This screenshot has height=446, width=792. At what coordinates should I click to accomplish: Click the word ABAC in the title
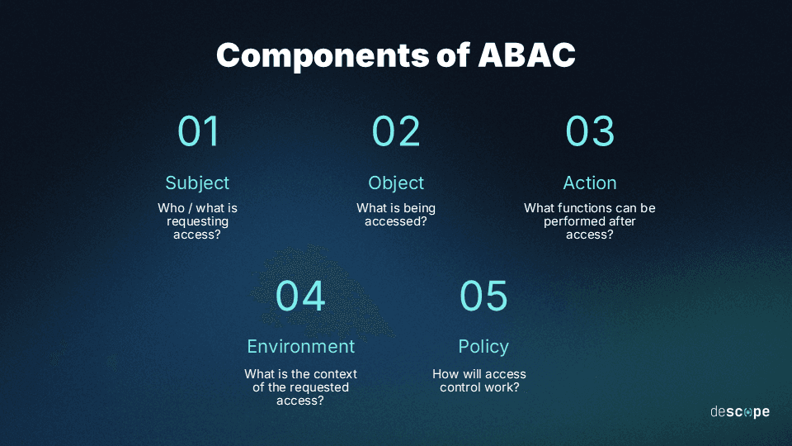[527, 55]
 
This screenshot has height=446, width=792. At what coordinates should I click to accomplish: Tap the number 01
[198, 131]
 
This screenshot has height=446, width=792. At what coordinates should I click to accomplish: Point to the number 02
[396, 131]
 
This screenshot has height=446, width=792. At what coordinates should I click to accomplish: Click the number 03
[590, 131]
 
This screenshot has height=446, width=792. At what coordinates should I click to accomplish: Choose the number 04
[300, 296]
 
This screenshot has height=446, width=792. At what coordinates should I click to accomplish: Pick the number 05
[483, 296]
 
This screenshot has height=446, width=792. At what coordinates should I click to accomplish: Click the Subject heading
[197, 183]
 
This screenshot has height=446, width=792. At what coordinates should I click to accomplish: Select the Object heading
[396, 183]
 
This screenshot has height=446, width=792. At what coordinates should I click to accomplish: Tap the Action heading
[590, 183]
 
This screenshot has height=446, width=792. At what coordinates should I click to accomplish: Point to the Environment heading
[301, 346]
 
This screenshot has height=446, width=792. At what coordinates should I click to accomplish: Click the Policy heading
[483, 346]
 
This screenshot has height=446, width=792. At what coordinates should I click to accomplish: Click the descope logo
[740, 411]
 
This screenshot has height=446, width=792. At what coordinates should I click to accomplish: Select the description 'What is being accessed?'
[396, 215]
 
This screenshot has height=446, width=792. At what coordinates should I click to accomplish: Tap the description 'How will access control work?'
[479, 381]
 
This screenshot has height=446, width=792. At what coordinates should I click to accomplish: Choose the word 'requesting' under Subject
[197, 221]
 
